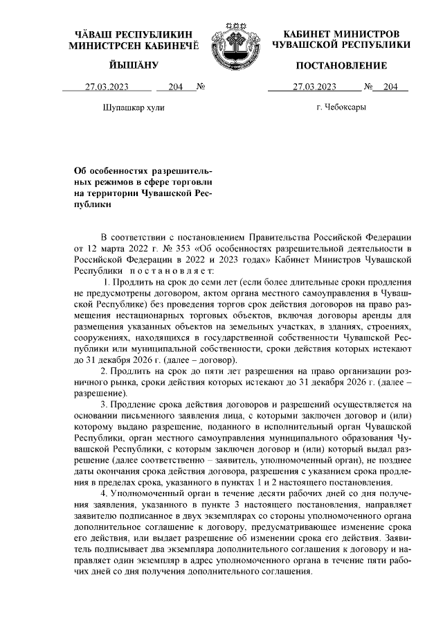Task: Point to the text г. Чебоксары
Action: pos(341,107)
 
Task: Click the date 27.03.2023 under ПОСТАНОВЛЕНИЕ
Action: pos(314,87)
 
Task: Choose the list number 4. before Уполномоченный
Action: pos(105,493)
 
